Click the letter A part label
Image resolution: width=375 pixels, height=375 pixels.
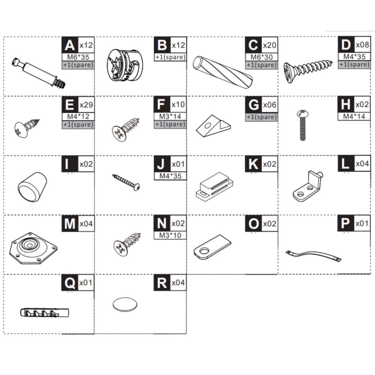point(69,45)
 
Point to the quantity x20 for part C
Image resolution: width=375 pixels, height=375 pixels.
point(270,45)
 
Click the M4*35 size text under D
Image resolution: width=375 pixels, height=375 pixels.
point(354,57)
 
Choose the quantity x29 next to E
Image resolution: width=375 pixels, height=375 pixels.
point(86,105)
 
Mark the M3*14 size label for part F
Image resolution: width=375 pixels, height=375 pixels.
point(170,116)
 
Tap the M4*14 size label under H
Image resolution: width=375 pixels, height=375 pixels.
point(354,116)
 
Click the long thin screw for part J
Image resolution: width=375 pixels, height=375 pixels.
point(126,182)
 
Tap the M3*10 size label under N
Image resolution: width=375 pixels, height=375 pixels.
point(170,235)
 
